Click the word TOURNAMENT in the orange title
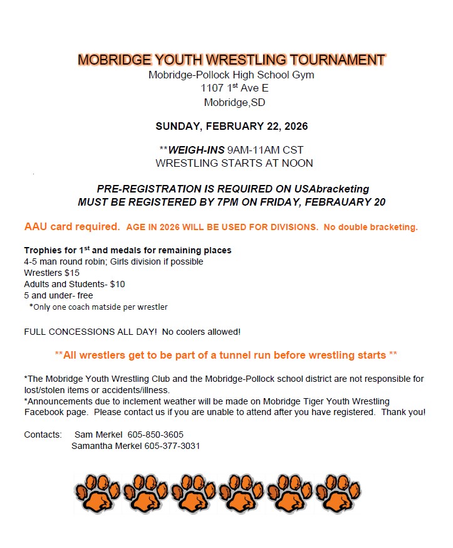coord(337,60)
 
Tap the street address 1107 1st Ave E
coord(231,88)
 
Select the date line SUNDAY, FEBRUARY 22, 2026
coord(231,126)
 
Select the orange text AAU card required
coord(72,226)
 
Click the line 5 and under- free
coord(58,295)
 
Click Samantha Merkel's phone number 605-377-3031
coord(172,446)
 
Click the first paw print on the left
coord(96,493)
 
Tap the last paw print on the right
coord(337,493)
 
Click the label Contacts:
coord(43,435)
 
